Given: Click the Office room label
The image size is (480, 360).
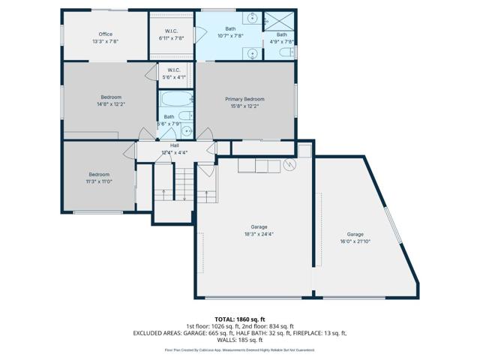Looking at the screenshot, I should pos(105,34).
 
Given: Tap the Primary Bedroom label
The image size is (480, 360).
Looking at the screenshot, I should pos(244,99).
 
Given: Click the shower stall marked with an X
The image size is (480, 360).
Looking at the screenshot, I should pos(282,19).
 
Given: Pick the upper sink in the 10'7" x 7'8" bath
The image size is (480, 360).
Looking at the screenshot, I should pos(253,18).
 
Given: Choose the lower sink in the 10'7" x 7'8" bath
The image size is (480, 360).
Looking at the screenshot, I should pos(253,52).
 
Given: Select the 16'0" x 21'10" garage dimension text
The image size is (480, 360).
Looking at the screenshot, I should pos(355,242).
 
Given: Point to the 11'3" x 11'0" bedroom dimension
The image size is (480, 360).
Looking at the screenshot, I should pos(97,181).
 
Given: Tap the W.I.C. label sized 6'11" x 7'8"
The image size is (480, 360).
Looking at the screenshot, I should pos(170,38).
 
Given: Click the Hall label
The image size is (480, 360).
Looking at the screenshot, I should pos(174,145).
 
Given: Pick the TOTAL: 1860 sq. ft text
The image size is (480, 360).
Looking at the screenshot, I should pos(240,319).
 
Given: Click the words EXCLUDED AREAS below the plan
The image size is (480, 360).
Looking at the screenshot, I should pos(157,332).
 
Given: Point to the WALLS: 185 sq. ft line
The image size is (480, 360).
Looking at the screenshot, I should pos(240,340).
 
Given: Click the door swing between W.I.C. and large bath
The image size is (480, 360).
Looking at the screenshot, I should pos(200,33).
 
